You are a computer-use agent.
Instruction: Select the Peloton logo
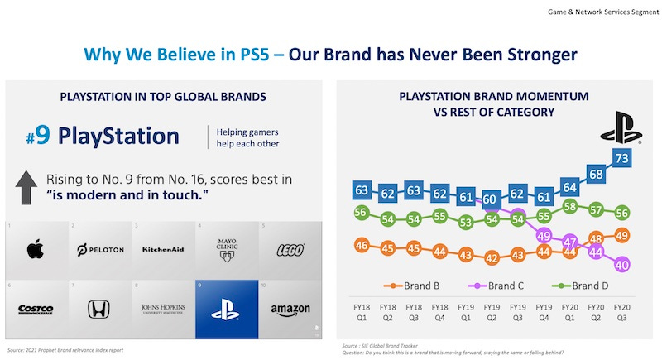[99, 250]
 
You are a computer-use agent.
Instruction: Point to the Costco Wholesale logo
[36, 310]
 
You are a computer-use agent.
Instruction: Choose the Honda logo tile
[99, 310]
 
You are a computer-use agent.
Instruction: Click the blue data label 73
[622, 157]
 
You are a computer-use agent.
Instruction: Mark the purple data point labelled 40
[622, 265]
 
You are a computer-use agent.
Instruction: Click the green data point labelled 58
[570, 206]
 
